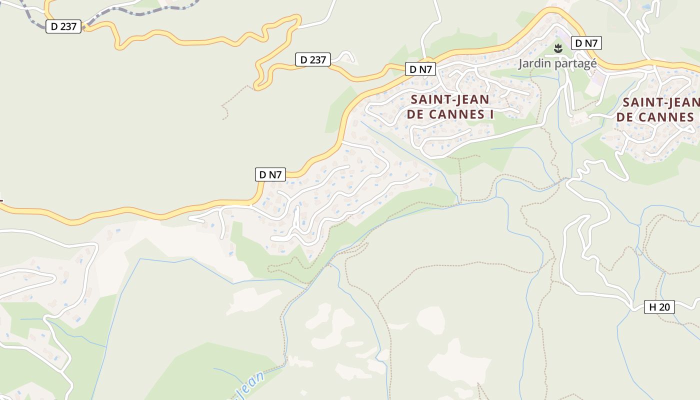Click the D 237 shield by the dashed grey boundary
click(63, 26)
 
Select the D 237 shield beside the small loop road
click(313, 60)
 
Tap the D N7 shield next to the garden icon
click(586, 43)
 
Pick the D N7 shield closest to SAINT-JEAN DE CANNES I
click(420, 69)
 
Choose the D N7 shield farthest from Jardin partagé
click(270, 174)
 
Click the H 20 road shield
click(659, 307)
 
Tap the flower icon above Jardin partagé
click(558, 48)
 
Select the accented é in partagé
click(593, 63)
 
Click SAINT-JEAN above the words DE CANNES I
click(450, 99)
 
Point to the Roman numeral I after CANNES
click(491, 114)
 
